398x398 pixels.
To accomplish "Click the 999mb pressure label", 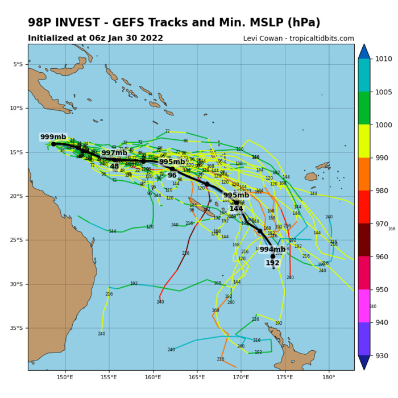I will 53,137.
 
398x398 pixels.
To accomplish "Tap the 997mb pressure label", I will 114,153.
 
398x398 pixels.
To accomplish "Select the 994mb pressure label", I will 272,249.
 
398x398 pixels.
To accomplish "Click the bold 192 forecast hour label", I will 272,263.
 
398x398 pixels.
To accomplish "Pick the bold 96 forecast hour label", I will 172,175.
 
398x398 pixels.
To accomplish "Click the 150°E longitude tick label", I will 65,378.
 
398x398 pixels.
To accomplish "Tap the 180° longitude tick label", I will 329,378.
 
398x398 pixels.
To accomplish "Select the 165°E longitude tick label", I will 197,378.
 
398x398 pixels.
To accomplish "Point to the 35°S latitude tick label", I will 18,328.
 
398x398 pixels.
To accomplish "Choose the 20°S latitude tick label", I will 18,196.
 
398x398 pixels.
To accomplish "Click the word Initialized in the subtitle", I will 52,38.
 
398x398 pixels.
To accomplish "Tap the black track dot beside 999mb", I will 53,144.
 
